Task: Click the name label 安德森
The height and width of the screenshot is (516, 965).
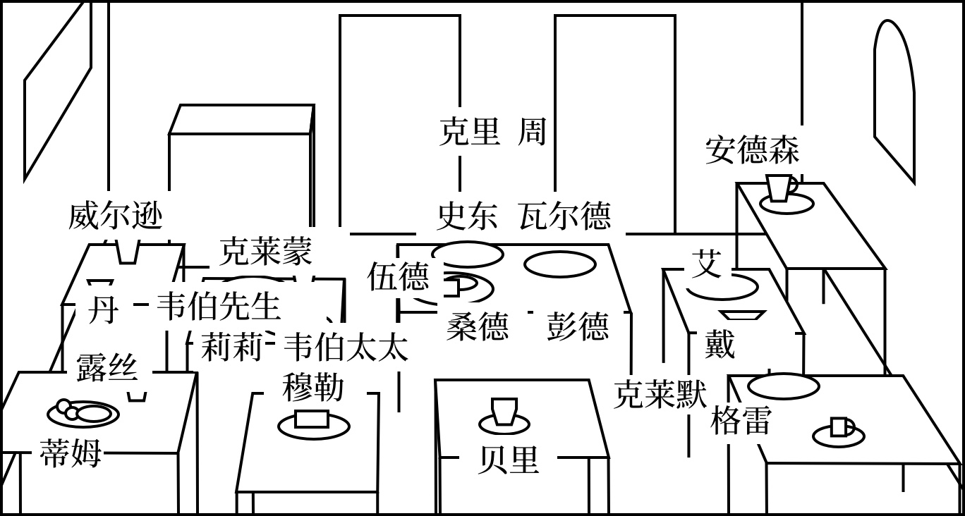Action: click(x=752, y=151)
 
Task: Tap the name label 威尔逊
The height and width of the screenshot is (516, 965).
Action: click(x=116, y=216)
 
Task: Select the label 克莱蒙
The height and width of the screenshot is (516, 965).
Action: click(x=265, y=251)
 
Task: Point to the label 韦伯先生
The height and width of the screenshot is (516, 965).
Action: click(x=218, y=307)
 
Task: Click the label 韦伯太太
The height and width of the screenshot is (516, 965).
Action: click(x=345, y=347)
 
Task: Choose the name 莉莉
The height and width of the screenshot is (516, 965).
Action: click(x=231, y=347)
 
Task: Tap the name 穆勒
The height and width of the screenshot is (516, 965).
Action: click(x=313, y=387)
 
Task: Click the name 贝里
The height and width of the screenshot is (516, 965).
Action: click(x=508, y=460)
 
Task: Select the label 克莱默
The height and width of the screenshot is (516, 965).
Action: click(x=660, y=394)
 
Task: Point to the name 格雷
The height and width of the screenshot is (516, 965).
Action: click(x=740, y=421)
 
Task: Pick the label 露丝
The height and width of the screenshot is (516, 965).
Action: click(x=107, y=367)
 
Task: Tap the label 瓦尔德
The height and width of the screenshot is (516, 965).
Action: click(x=564, y=216)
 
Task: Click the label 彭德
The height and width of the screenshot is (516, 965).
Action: click(x=577, y=326)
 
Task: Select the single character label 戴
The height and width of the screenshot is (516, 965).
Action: click(x=720, y=345)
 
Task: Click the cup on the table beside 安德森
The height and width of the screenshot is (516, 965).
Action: click(x=780, y=188)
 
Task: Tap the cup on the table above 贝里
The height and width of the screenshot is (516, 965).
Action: click(x=504, y=412)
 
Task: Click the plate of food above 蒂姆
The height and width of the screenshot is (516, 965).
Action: click(x=83, y=412)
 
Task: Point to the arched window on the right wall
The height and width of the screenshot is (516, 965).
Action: click(x=894, y=99)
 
